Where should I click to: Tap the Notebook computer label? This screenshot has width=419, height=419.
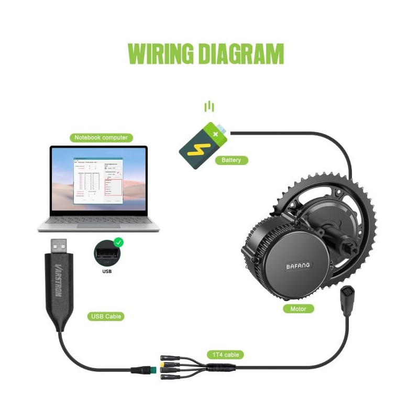click(101, 138)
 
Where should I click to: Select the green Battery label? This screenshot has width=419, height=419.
click(230, 160)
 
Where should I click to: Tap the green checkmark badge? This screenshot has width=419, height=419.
click(119, 242)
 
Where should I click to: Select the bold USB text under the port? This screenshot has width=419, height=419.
click(107, 271)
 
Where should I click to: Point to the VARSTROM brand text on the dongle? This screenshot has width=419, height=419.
click(58, 280)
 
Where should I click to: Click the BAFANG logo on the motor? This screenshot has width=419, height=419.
click(298, 266)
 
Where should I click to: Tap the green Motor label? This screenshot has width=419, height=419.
click(298, 308)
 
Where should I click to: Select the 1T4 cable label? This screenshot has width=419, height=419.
click(226, 355)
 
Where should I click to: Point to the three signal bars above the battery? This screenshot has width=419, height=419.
click(210, 107)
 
